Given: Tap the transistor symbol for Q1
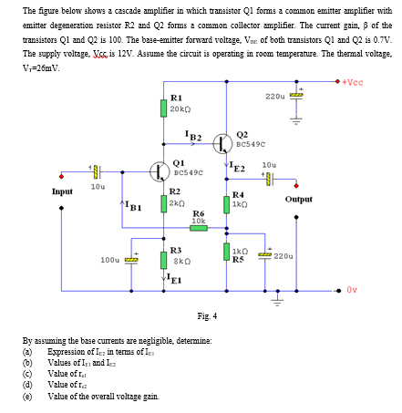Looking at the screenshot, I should click(158, 170).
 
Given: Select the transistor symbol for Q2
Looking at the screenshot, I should click(223, 142).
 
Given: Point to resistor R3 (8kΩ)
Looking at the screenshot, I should click(162, 259).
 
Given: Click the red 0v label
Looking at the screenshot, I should click(353, 291).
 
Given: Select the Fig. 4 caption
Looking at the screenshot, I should click(207, 316).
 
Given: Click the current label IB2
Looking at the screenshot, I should click(194, 135).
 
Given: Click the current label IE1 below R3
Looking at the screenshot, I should click(174, 281).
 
